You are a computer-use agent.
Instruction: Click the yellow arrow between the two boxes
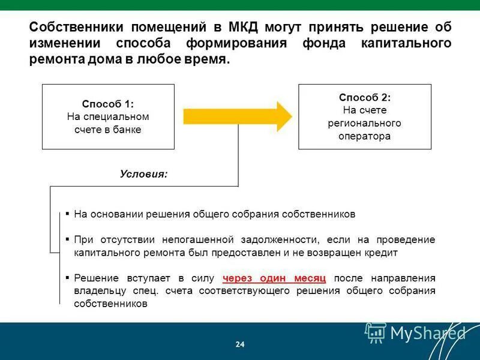(x=237, y=116)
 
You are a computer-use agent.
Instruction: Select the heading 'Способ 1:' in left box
(x=108, y=103)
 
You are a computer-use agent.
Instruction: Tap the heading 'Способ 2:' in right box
(x=365, y=97)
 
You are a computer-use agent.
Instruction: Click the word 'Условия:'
(x=144, y=174)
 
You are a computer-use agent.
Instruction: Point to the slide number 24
(x=240, y=344)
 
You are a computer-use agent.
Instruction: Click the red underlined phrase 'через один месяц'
(x=274, y=278)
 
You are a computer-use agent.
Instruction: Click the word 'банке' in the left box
(x=128, y=130)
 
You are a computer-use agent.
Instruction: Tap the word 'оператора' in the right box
(x=365, y=136)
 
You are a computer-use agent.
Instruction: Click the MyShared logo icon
(x=376, y=332)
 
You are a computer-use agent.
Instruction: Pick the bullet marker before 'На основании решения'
(x=68, y=213)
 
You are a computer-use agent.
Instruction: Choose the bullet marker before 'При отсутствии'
(x=68, y=239)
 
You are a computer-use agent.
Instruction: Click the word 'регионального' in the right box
(x=365, y=123)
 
